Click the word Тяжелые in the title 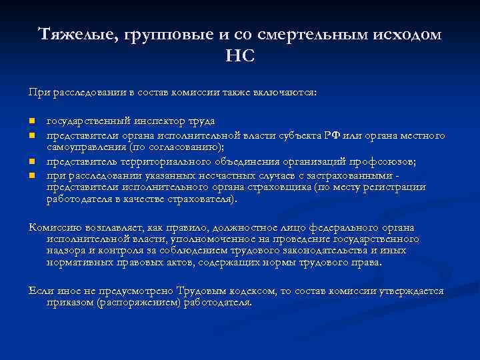coord(75,35)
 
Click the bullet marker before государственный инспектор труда coord(31,121)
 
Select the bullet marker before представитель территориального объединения coord(31,162)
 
